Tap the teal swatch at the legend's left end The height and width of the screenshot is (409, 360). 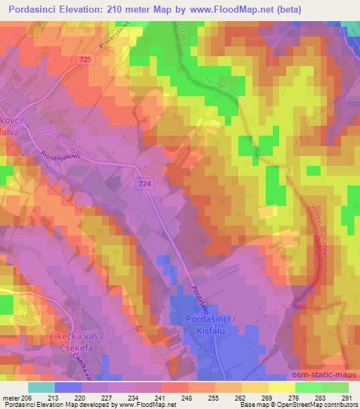[41, 387]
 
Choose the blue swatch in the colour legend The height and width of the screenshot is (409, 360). [68, 387]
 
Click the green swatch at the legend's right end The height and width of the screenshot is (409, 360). [335, 387]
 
